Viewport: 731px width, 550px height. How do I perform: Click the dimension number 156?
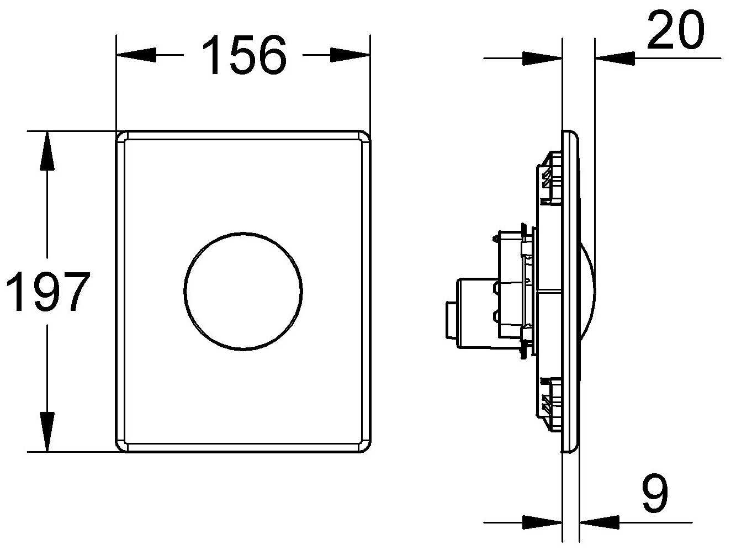click(x=243, y=55)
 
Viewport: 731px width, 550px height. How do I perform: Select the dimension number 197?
click(x=47, y=292)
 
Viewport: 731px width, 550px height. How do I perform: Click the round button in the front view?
click(x=243, y=290)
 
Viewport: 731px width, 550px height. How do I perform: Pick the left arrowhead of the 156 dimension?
click(x=136, y=55)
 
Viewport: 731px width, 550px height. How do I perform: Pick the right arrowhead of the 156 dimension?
click(x=350, y=55)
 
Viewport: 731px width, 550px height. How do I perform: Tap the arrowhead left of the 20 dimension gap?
click(x=542, y=58)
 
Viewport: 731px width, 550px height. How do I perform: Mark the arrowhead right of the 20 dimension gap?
click(x=615, y=57)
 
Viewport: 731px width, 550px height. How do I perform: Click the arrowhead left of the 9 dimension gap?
click(x=542, y=522)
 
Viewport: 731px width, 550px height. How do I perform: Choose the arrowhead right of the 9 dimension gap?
click(x=599, y=522)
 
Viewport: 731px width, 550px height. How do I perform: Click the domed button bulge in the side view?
click(x=587, y=290)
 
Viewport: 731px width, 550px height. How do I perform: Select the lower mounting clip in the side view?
click(x=549, y=399)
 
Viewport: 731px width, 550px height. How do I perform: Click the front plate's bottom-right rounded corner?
click(x=364, y=446)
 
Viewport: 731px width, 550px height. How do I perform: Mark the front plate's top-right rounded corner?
click(x=364, y=137)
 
